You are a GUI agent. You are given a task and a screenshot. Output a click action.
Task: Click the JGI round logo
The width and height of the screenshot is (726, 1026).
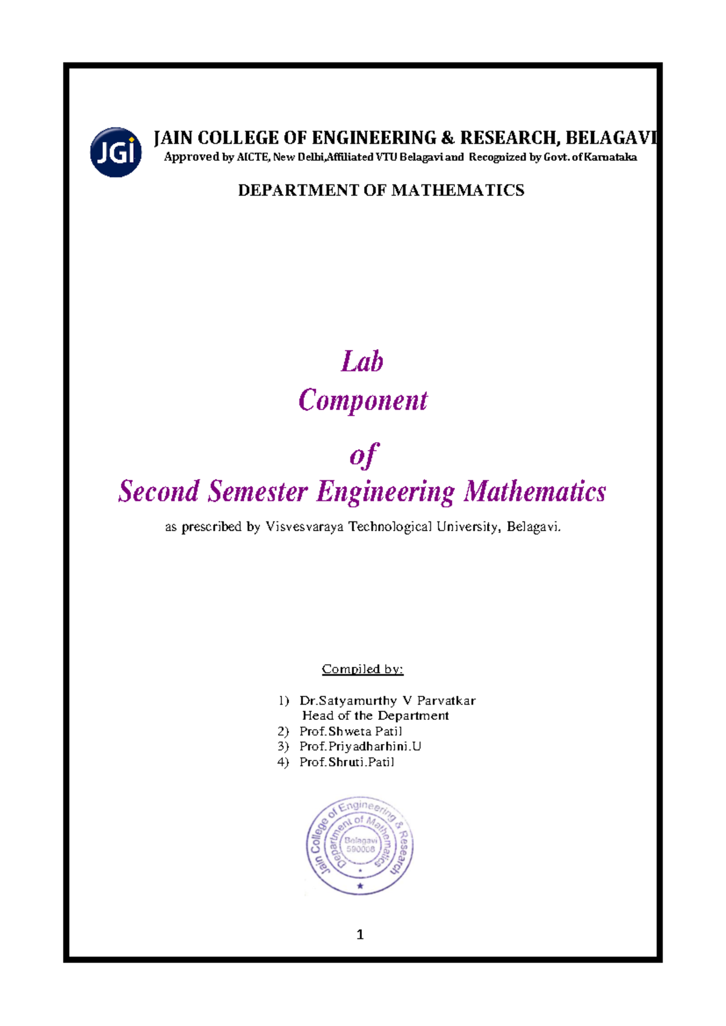point(116,152)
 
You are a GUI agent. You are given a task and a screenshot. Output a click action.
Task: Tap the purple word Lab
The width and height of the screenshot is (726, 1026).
point(362,362)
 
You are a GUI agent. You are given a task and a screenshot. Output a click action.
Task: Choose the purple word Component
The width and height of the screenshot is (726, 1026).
point(363,400)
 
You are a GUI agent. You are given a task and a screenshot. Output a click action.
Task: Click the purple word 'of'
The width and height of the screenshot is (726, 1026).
point(364,455)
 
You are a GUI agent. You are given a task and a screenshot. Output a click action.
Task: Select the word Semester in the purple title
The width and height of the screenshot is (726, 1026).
point(258,491)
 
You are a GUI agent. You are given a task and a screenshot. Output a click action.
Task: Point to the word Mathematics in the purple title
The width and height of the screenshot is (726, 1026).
point(535,491)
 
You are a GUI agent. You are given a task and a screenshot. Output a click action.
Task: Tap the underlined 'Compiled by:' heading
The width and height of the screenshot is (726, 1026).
point(362,669)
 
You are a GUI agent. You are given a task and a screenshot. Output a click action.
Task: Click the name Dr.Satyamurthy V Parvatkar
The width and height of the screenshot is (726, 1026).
point(387,701)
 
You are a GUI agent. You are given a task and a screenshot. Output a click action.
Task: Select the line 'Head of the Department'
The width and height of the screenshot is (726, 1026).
point(375,716)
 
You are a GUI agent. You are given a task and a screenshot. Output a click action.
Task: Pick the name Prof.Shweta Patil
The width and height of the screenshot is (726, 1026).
point(350,731)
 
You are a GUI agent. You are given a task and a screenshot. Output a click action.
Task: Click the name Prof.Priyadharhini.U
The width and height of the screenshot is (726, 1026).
point(360,747)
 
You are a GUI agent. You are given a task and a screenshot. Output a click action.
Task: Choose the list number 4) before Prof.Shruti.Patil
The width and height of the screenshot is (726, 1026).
point(283,762)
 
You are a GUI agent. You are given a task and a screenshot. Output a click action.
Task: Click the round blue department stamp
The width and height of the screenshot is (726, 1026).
point(360,845)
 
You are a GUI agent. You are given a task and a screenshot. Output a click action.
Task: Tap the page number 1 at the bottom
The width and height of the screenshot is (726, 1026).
point(361,935)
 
